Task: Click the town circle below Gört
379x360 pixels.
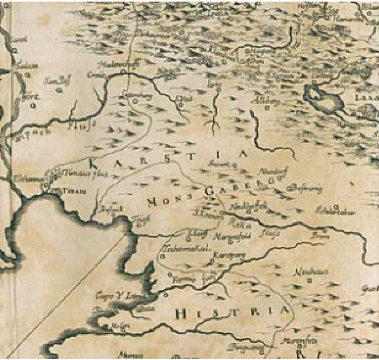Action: (33, 106)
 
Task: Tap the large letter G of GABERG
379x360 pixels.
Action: (209, 191)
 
